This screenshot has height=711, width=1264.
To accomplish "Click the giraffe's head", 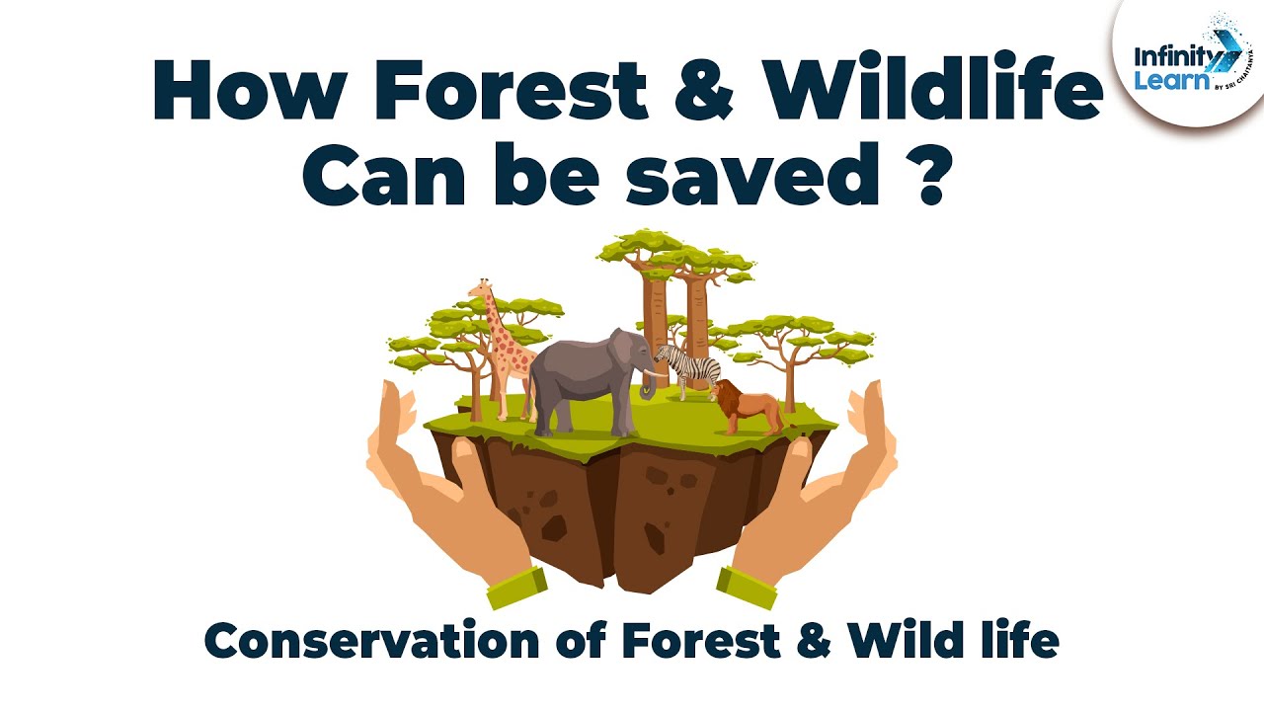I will pyautogui.click(x=482, y=289).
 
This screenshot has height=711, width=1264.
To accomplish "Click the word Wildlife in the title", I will pyautogui.click(x=922, y=92).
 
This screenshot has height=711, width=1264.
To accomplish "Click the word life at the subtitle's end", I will pyautogui.click(x=1020, y=641).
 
